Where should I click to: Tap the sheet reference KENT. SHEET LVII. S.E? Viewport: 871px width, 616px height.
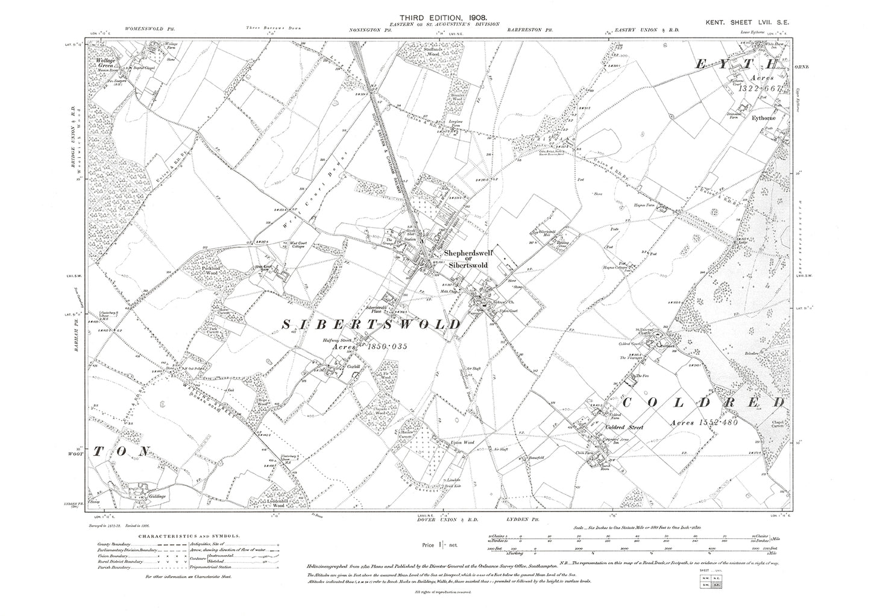pos(751,22)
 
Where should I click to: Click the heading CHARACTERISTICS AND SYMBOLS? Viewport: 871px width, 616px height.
pos(189,535)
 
